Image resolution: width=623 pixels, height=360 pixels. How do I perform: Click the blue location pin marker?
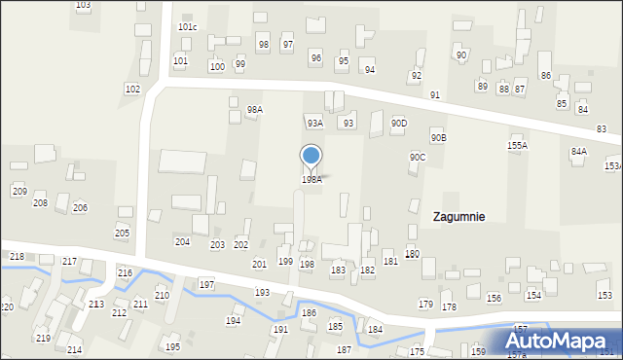coord(311,157)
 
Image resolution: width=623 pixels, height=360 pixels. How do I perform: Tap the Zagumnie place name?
coord(459,217)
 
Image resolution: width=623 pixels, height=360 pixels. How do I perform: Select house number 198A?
coord(311,179)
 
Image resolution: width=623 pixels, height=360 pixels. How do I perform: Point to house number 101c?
coord(188,27)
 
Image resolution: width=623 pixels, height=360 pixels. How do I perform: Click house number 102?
coord(132,89)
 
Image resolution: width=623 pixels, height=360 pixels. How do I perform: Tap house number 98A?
coord(254,110)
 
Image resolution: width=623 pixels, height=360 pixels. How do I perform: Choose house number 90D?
coord(399,123)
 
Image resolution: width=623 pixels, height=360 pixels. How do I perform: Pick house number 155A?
coord(517,145)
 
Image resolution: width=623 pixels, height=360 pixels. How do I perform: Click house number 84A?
coord(579,152)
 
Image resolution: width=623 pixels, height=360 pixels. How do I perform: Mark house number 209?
coord(18,191)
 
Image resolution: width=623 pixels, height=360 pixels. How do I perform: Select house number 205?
coord(122,234)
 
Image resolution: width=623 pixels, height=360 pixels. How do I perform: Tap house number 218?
coord(17,256)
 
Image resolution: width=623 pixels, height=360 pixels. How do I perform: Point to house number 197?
coord(206,283)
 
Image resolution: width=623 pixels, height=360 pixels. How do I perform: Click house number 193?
coord(262,292)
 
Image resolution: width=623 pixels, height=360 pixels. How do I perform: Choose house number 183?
coord(338,270)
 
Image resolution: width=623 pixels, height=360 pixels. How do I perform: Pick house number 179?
coord(425,305)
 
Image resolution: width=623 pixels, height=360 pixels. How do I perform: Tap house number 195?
coord(172,347)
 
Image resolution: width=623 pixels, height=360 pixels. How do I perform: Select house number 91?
coord(434,94)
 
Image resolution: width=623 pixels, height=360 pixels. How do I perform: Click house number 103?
coord(83,5)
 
